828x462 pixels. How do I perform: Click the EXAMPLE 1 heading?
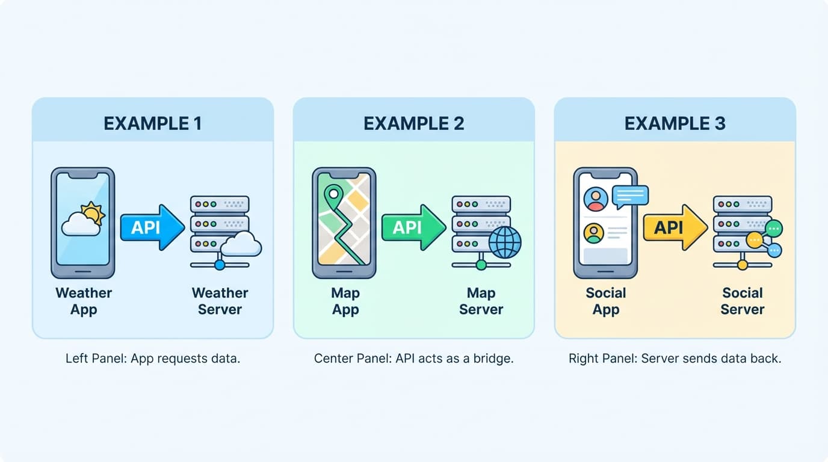pyautogui.click(x=152, y=123)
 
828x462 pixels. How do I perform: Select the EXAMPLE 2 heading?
pyautogui.click(x=413, y=123)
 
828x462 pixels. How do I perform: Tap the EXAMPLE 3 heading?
pyautogui.click(x=675, y=123)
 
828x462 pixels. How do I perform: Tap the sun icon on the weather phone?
pyautogui.click(x=93, y=213)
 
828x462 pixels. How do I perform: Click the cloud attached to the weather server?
pyautogui.click(x=241, y=245)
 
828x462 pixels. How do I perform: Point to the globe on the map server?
pyautogui.click(x=504, y=242)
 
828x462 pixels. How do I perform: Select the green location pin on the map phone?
pyautogui.click(x=332, y=196)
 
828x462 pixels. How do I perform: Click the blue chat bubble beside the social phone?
pyautogui.click(x=629, y=196)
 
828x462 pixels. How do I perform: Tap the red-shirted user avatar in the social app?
pyautogui.click(x=596, y=199)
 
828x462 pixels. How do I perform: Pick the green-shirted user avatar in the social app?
pyautogui.click(x=594, y=233)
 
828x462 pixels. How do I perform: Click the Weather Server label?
pyautogui.click(x=220, y=301)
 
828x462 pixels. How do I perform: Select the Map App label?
pyautogui.click(x=345, y=301)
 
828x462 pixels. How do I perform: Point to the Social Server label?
pyautogui.click(x=742, y=301)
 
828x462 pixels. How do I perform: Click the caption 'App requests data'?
pyautogui.click(x=153, y=359)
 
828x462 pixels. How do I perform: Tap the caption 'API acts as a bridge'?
pyautogui.click(x=413, y=359)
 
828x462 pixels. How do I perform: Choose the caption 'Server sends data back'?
pyautogui.click(x=675, y=359)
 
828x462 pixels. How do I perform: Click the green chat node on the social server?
pyautogui.click(x=774, y=228)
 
